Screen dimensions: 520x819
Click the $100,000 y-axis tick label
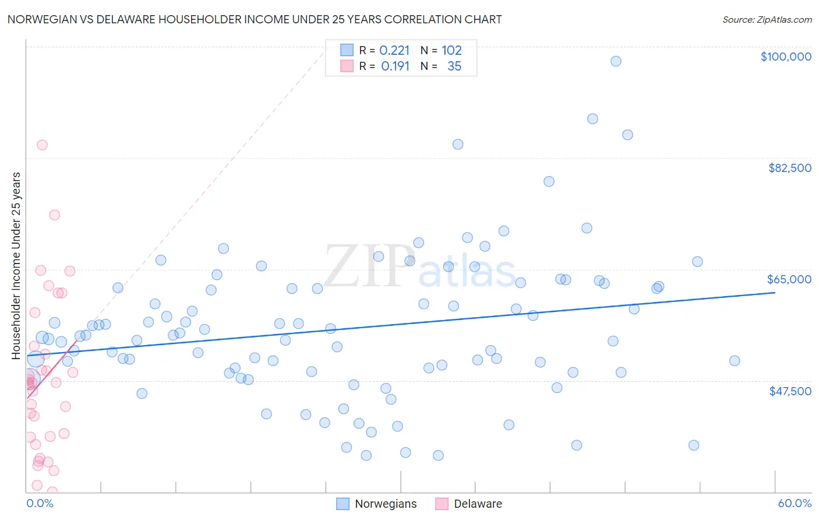click(x=785, y=57)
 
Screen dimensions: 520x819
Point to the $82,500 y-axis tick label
click(x=789, y=168)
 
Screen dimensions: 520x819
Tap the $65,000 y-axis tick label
click(x=789, y=279)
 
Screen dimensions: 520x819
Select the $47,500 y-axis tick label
click(x=790, y=391)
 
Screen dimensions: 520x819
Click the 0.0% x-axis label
click(x=40, y=503)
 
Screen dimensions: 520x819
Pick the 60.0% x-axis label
click(x=794, y=503)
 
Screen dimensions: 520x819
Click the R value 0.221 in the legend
click(x=394, y=51)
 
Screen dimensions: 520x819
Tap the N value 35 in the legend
click(x=454, y=66)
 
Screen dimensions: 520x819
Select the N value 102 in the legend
click(x=451, y=51)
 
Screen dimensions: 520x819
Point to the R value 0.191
click(x=396, y=66)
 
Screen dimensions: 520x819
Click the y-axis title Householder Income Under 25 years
click(x=16, y=265)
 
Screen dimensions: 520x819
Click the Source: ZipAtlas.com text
click(x=767, y=20)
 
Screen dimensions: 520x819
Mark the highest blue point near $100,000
click(x=616, y=61)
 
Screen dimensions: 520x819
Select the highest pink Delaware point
click(x=42, y=145)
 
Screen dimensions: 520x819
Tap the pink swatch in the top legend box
click(x=347, y=66)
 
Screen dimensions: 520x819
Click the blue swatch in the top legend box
click(x=347, y=50)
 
